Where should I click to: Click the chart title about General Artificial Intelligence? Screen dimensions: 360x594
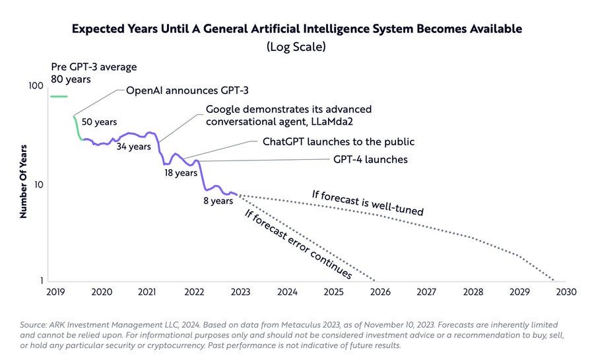[297, 29]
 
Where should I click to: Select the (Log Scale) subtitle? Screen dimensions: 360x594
[297, 47]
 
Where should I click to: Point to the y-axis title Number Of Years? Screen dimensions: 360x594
[22, 181]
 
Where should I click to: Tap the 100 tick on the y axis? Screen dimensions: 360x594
[36, 87]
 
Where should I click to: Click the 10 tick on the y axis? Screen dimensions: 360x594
[38, 184]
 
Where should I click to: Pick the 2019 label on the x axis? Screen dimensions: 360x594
[55, 291]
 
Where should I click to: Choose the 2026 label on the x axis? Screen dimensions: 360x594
[380, 291]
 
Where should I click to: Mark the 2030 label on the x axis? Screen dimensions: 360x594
[566, 291]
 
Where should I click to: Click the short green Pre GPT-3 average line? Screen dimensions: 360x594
[59, 96]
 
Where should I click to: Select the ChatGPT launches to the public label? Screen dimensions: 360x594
[339, 141]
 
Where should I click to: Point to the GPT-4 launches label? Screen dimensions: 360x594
[370, 159]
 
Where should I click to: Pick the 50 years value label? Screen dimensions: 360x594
[99, 122]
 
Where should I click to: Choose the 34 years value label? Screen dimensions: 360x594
[134, 147]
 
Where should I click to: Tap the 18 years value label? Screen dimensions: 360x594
[181, 173]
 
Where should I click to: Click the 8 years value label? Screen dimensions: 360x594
[218, 201]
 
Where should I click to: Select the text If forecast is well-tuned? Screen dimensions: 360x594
[367, 203]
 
